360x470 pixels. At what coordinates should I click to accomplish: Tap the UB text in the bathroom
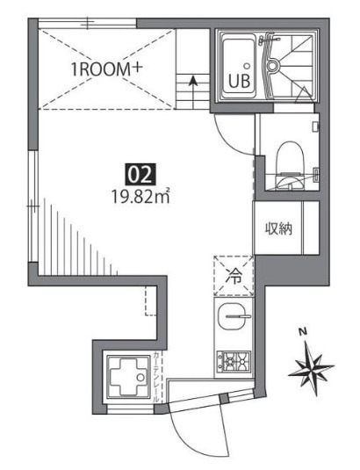(x=238, y=83)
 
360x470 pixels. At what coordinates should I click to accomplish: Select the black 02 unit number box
(x=137, y=174)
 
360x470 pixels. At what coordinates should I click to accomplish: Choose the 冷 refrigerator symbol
(x=232, y=273)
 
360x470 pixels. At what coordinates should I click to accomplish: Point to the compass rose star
(x=311, y=367)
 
